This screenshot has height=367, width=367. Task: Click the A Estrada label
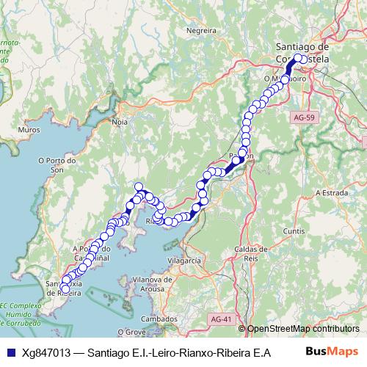[330, 192]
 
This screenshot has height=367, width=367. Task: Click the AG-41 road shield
[219, 319]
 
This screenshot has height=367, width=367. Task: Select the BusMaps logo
[331, 352]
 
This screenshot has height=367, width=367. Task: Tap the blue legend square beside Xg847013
[10, 352]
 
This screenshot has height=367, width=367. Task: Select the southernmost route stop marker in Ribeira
[65, 290]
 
